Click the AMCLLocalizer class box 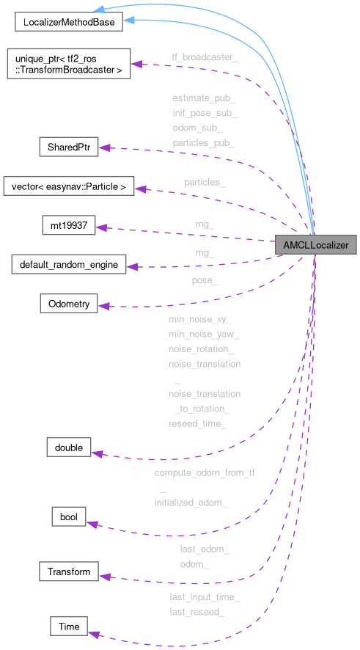(x=315, y=245)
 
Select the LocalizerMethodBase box (x=68, y=21)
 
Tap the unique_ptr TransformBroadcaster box (x=67, y=64)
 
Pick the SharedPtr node (x=68, y=147)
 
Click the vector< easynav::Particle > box (x=68, y=187)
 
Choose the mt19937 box (x=68, y=227)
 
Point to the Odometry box (x=68, y=303)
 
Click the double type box (x=68, y=446)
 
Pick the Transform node (x=68, y=572)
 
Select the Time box (x=68, y=625)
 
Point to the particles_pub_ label (x=204, y=142)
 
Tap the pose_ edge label (x=205, y=280)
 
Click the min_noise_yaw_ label (x=204, y=334)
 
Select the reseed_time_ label (x=197, y=423)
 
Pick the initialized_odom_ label (x=191, y=502)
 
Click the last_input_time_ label (x=205, y=597)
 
